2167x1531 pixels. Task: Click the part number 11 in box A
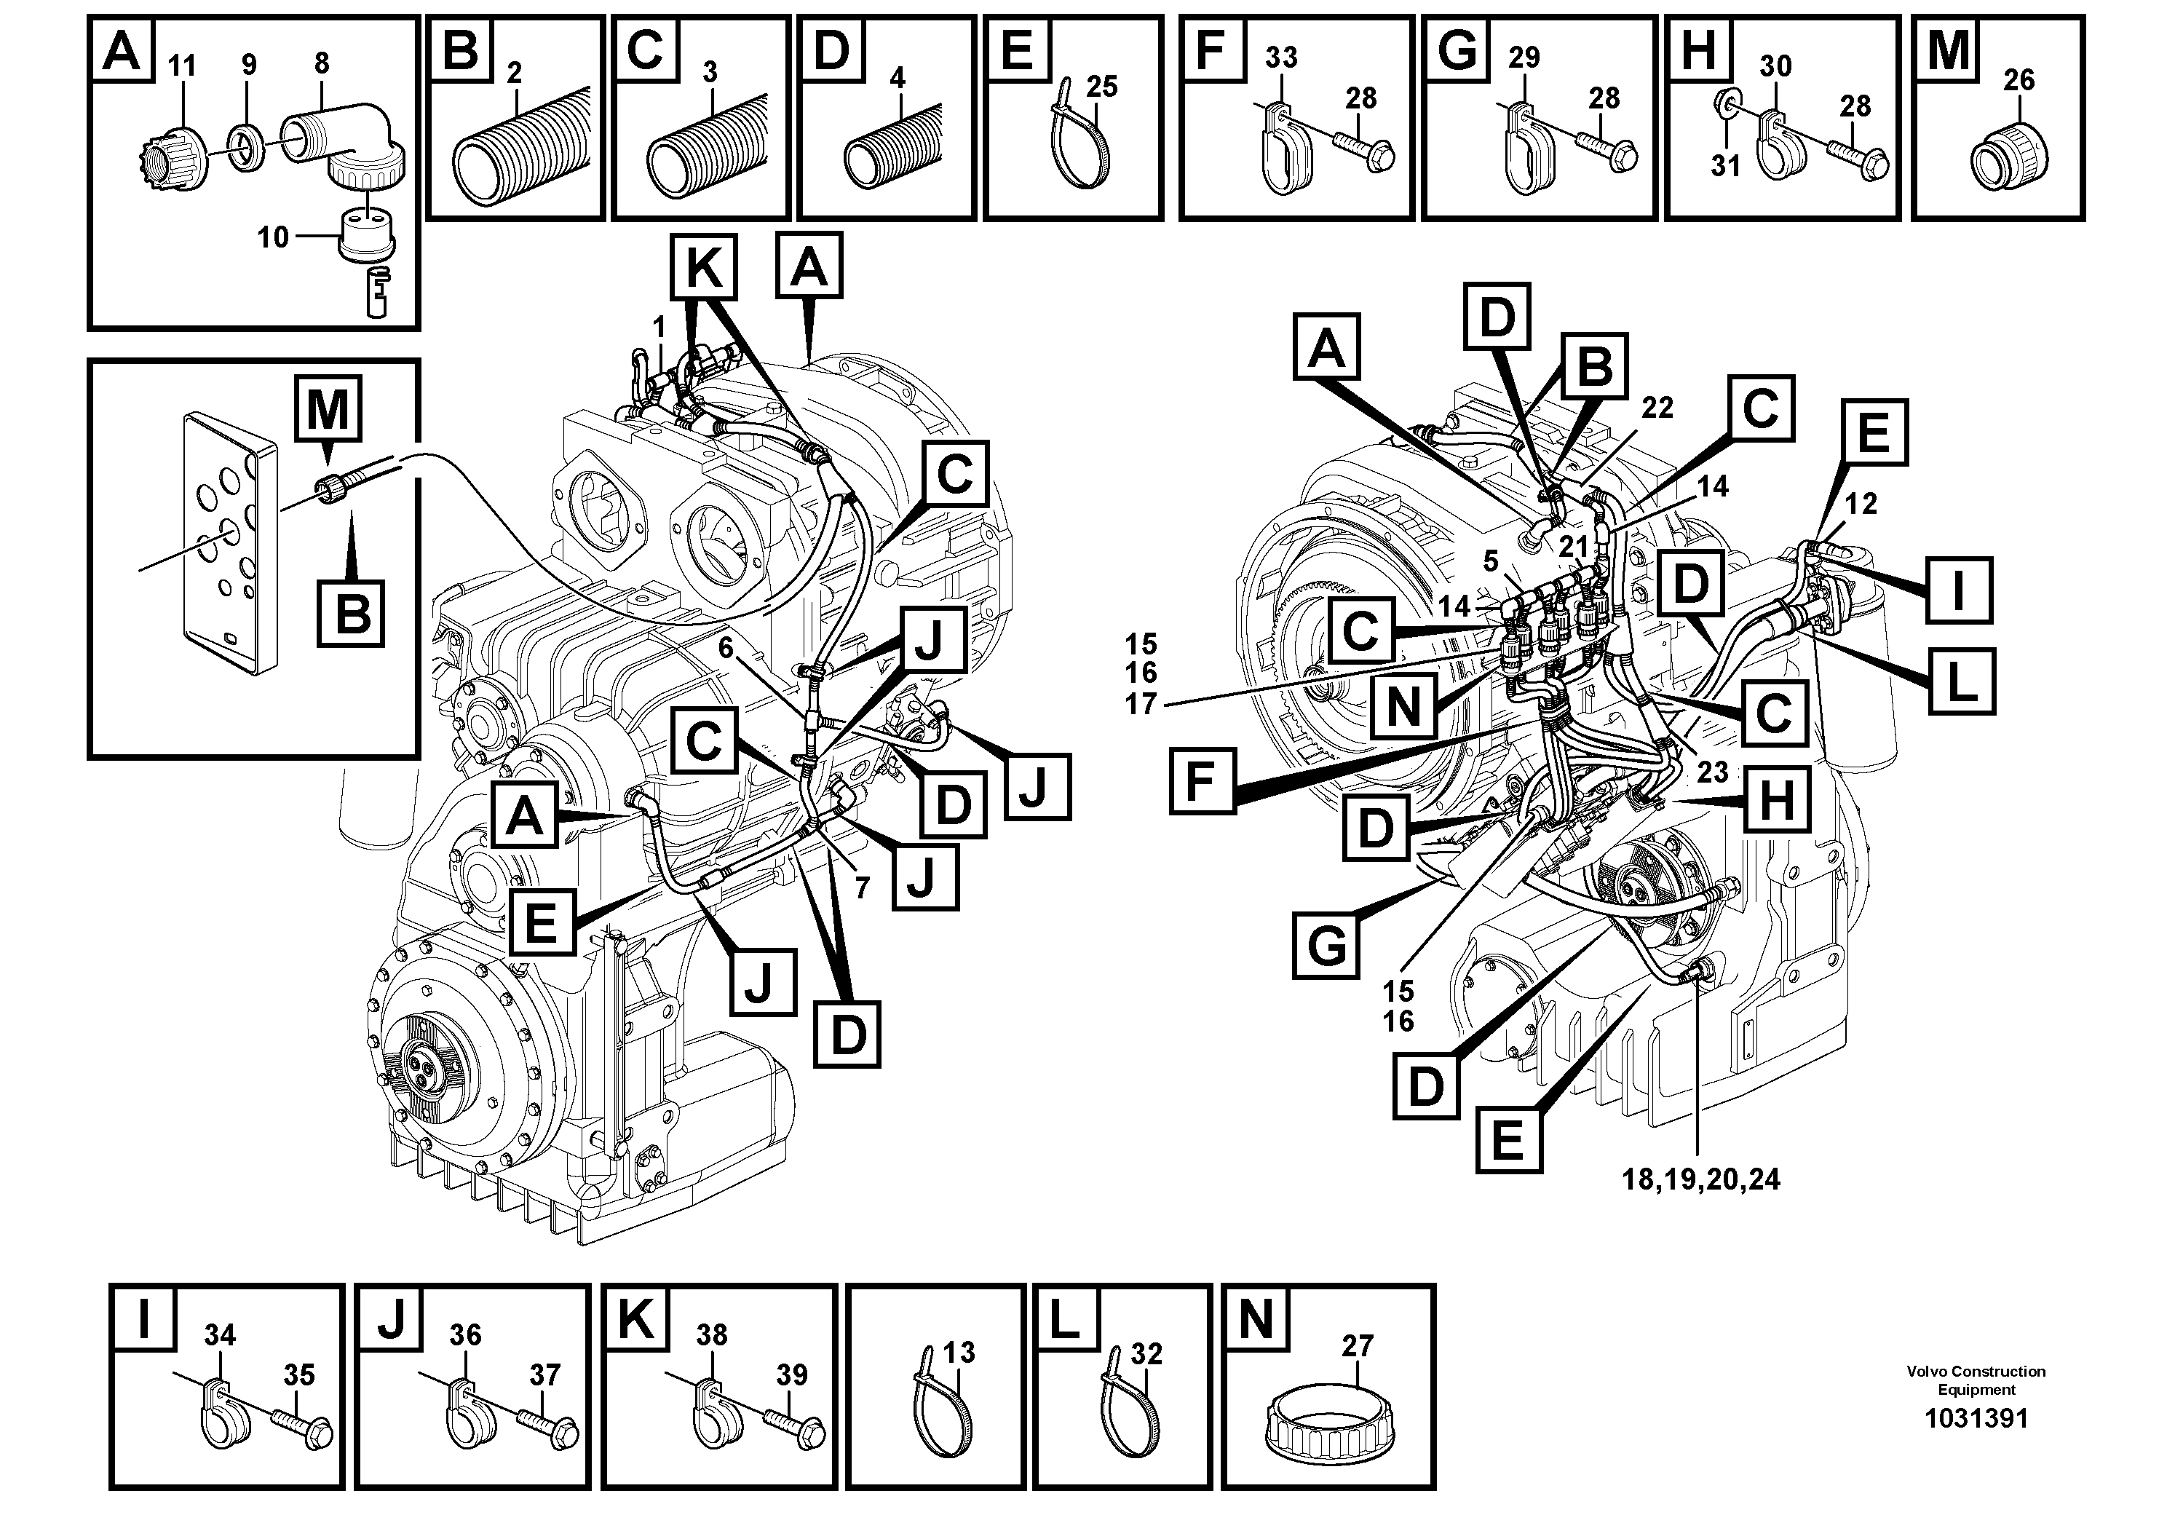[182, 66]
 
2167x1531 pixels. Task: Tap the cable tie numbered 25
[1079, 141]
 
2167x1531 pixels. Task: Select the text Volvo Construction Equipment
[1976, 1380]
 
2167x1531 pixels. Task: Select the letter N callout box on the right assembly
[1403, 706]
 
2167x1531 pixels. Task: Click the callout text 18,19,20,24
[1700, 1179]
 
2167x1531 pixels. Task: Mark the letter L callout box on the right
[1961, 679]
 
